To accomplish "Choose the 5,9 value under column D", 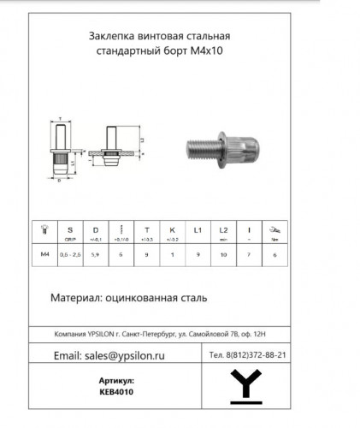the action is click(96, 255).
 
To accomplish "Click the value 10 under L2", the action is click(223, 255).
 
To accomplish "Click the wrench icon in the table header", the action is click(273, 229).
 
